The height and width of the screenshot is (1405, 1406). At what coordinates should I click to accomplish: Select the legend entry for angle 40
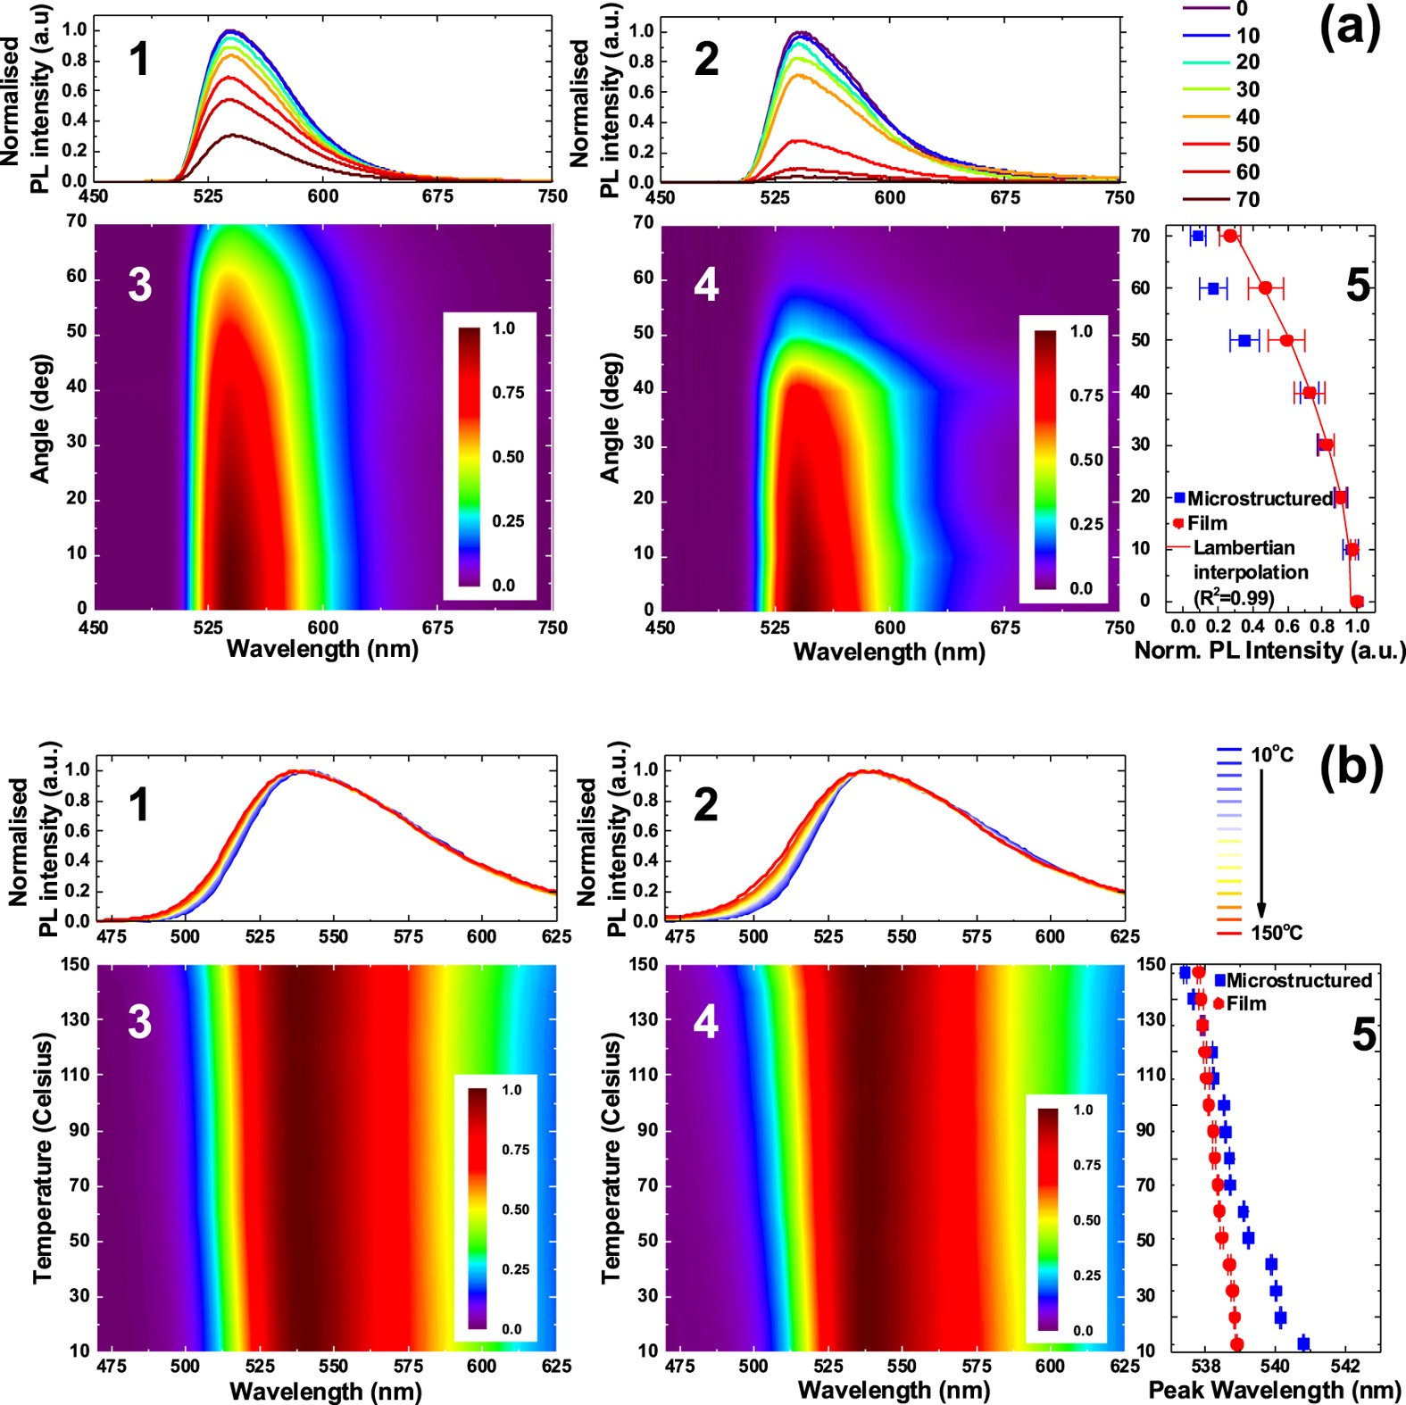click(x=1247, y=117)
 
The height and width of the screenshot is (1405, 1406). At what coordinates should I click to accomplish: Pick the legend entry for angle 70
click(x=1247, y=199)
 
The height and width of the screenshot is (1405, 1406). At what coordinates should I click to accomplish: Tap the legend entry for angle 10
click(x=1247, y=36)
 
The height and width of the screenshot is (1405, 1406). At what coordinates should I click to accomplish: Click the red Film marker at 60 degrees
click(x=1265, y=287)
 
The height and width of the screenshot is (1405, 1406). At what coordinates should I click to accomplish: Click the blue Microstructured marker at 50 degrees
click(x=1244, y=340)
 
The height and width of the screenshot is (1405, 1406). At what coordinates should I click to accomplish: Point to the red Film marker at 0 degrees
click(x=1357, y=601)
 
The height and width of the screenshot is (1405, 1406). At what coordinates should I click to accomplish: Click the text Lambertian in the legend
click(x=1244, y=547)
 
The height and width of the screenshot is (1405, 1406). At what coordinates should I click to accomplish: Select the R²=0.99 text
click(x=1234, y=597)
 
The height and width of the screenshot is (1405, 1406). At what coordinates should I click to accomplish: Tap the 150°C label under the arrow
click(x=1277, y=933)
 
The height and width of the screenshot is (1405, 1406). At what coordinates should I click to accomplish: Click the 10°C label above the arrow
click(x=1272, y=755)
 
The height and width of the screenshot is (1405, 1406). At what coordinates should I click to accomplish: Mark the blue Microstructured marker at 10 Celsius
click(x=1303, y=1343)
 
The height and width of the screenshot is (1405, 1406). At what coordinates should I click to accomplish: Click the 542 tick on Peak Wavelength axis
click(x=1344, y=1367)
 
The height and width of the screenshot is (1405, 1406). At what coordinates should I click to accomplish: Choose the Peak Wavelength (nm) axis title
click(x=1275, y=1390)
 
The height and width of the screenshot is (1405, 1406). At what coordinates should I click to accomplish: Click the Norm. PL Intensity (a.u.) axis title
click(x=1269, y=650)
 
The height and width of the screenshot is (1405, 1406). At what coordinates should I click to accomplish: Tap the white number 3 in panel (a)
click(x=139, y=285)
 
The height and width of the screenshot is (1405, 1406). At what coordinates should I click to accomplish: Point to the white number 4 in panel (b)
click(x=705, y=1021)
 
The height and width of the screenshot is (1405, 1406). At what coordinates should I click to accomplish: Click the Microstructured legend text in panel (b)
click(x=1299, y=980)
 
